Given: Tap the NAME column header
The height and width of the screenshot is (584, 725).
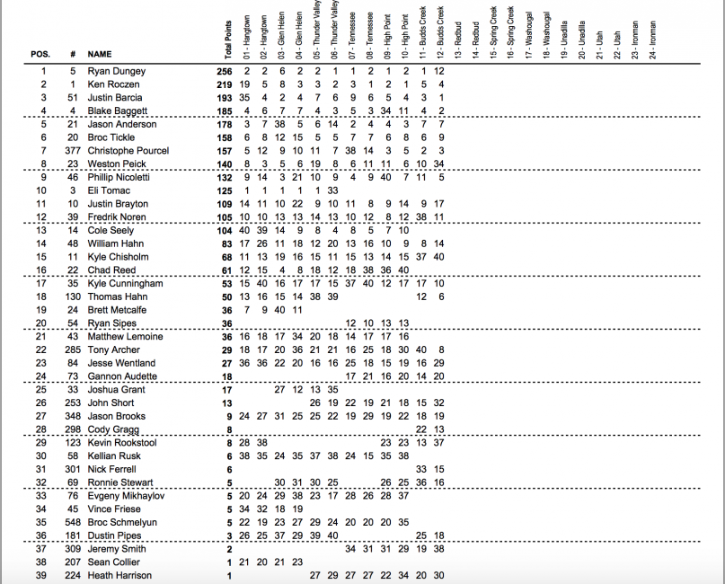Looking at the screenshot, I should tap(100, 54).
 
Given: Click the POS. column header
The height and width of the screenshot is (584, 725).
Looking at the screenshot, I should tap(40, 54).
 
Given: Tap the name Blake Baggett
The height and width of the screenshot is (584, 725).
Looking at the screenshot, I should tap(116, 111).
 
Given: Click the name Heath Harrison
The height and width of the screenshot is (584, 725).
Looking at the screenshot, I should tap(119, 575).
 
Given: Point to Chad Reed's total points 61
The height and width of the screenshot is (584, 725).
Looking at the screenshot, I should tap(227, 270).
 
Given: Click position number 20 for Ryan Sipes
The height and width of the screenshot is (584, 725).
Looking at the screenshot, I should tap(40, 323).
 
